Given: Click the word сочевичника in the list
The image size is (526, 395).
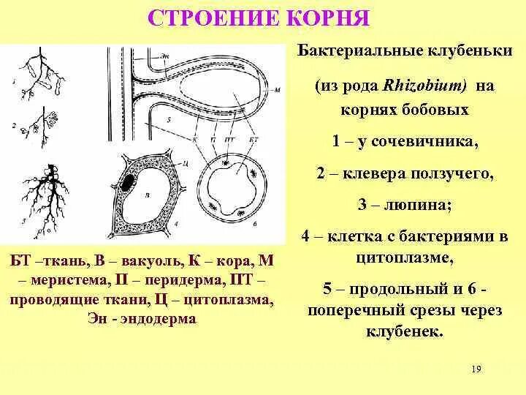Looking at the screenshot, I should (x=433, y=142).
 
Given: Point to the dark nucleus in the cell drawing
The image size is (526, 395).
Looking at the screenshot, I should (x=129, y=181).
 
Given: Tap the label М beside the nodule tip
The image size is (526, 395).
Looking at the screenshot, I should (x=278, y=90).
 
